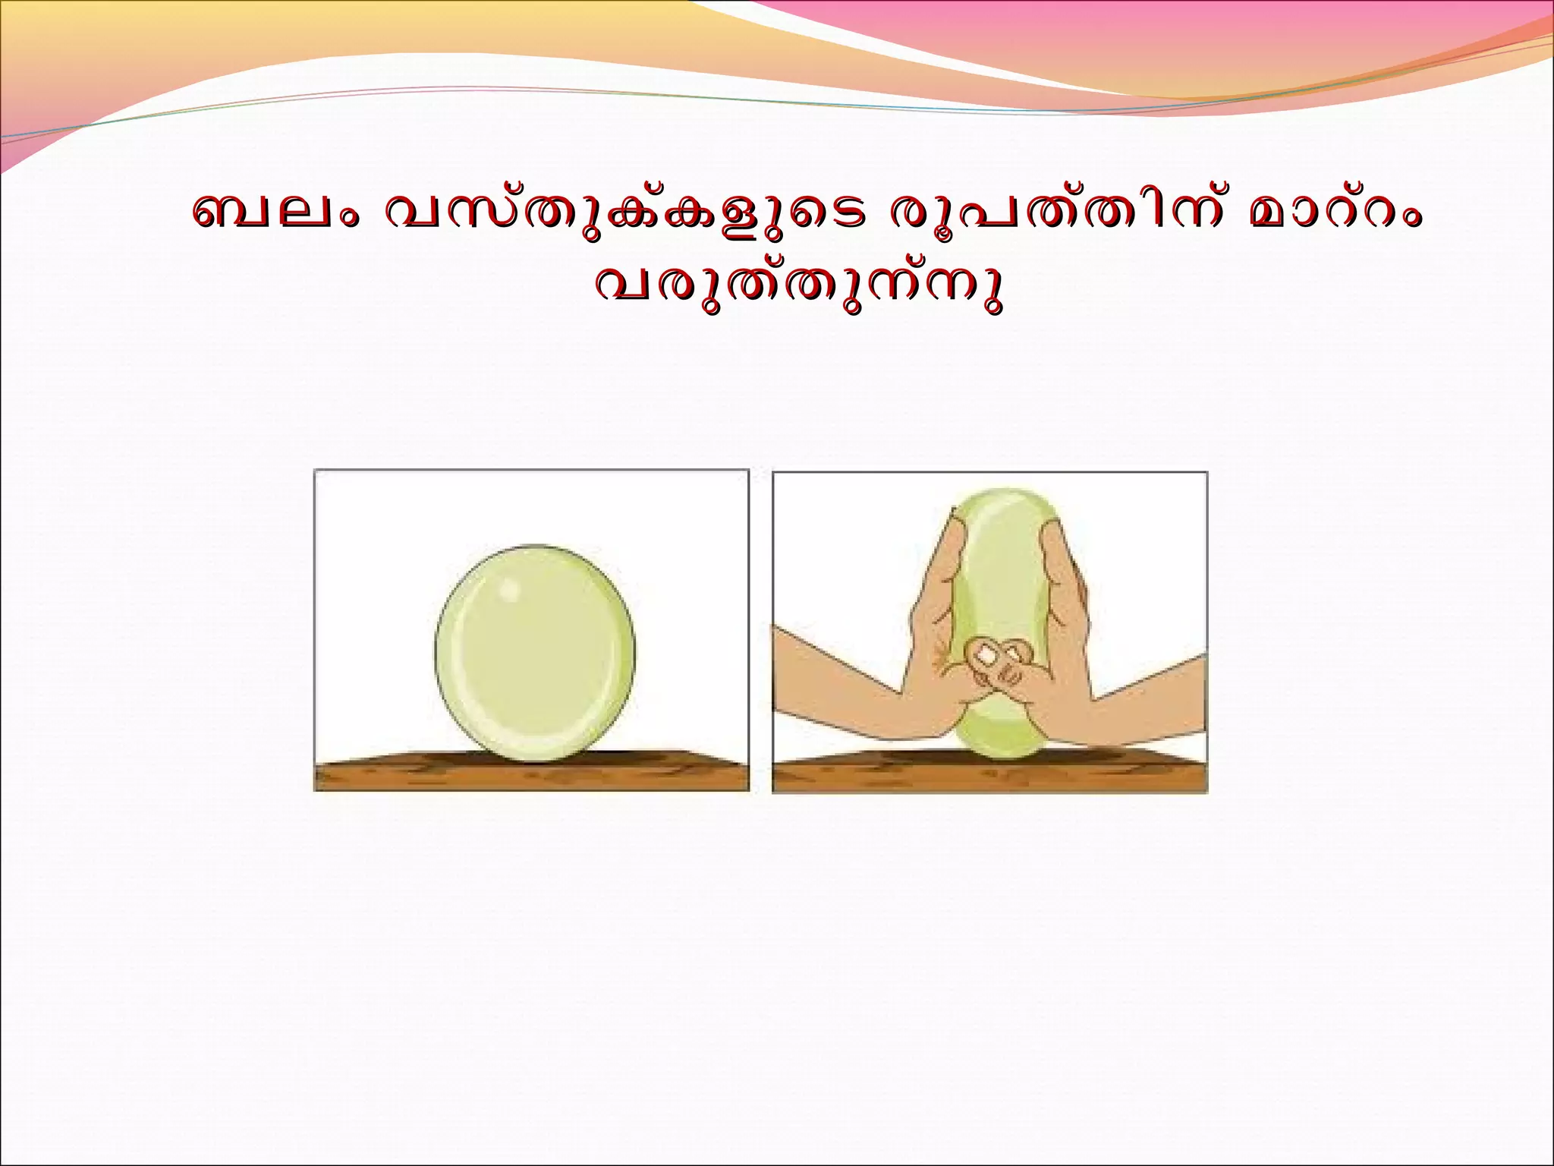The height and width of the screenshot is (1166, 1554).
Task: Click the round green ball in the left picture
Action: point(535,653)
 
